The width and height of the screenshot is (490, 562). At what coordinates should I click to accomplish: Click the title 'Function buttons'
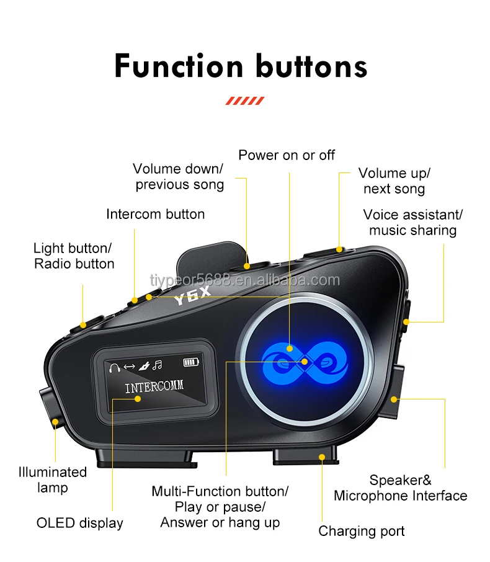pyautogui.click(x=241, y=66)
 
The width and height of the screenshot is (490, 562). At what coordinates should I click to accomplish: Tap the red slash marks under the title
pyautogui.click(x=244, y=100)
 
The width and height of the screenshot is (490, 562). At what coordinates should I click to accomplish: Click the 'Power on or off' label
pyautogui.click(x=287, y=155)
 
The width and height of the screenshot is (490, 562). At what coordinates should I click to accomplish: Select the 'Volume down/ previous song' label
pyautogui.click(x=179, y=177)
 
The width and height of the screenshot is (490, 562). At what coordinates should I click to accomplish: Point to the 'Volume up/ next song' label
pyautogui.click(x=394, y=181)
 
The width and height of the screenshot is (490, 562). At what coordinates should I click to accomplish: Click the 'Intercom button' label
pyautogui.click(x=155, y=214)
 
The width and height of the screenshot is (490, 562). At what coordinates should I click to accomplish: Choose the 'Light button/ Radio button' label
pyautogui.click(x=74, y=256)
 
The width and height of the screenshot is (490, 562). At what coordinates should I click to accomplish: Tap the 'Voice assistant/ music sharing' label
pyautogui.click(x=412, y=222)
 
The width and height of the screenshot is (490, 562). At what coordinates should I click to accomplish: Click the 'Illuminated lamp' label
pyautogui.click(x=52, y=479)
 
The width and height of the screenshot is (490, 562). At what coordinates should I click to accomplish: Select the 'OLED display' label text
pyautogui.click(x=79, y=523)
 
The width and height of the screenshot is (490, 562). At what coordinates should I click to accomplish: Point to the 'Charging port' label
pyautogui.click(x=361, y=531)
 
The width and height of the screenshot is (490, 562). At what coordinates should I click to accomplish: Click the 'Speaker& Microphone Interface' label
pyautogui.click(x=400, y=488)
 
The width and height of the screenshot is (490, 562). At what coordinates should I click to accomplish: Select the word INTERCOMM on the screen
pyautogui.click(x=154, y=388)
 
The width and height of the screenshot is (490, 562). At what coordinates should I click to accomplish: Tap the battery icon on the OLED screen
pyautogui.click(x=191, y=362)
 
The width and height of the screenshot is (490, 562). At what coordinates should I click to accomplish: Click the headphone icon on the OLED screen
pyautogui.click(x=114, y=367)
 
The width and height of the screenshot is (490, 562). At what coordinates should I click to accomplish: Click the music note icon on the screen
pyautogui.click(x=158, y=365)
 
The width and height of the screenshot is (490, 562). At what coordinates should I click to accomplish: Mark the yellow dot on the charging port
pyautogui.click(x=321, y=457)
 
